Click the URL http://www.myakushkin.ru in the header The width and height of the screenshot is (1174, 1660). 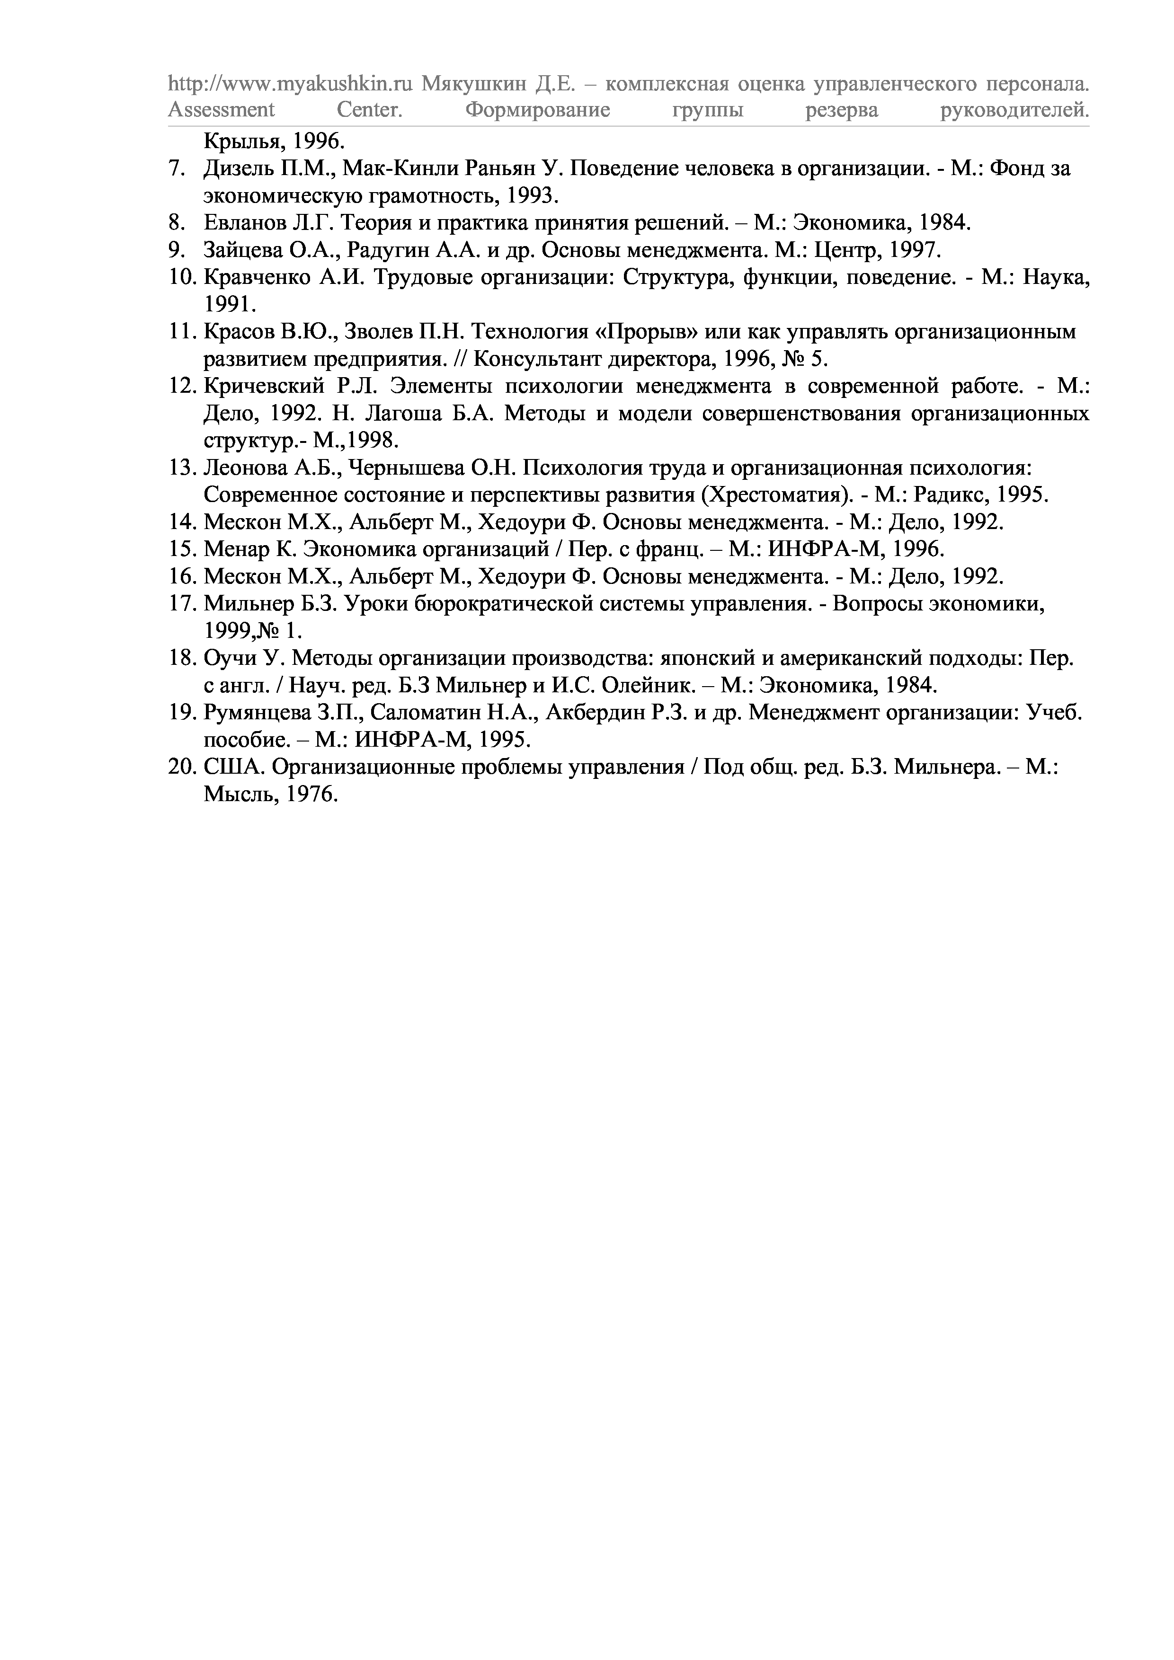(289, 85)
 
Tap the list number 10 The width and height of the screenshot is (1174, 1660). (182, 278)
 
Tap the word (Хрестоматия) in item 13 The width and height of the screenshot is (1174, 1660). (780, 495)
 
